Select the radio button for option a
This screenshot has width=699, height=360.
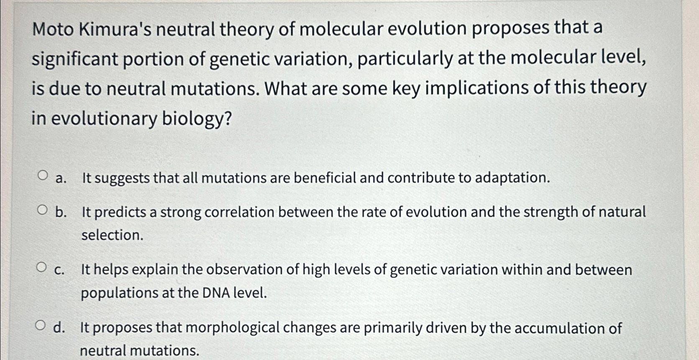[42, 175]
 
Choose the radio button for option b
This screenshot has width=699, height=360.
[42, 210]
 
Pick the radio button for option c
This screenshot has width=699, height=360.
[41, 267]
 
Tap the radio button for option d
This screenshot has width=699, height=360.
[40, 325]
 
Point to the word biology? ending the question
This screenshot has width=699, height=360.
[197, 119]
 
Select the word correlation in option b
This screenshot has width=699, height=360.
[240, 212]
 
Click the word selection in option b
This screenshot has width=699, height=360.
[112, 235]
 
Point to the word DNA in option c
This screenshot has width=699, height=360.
[216, 293]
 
